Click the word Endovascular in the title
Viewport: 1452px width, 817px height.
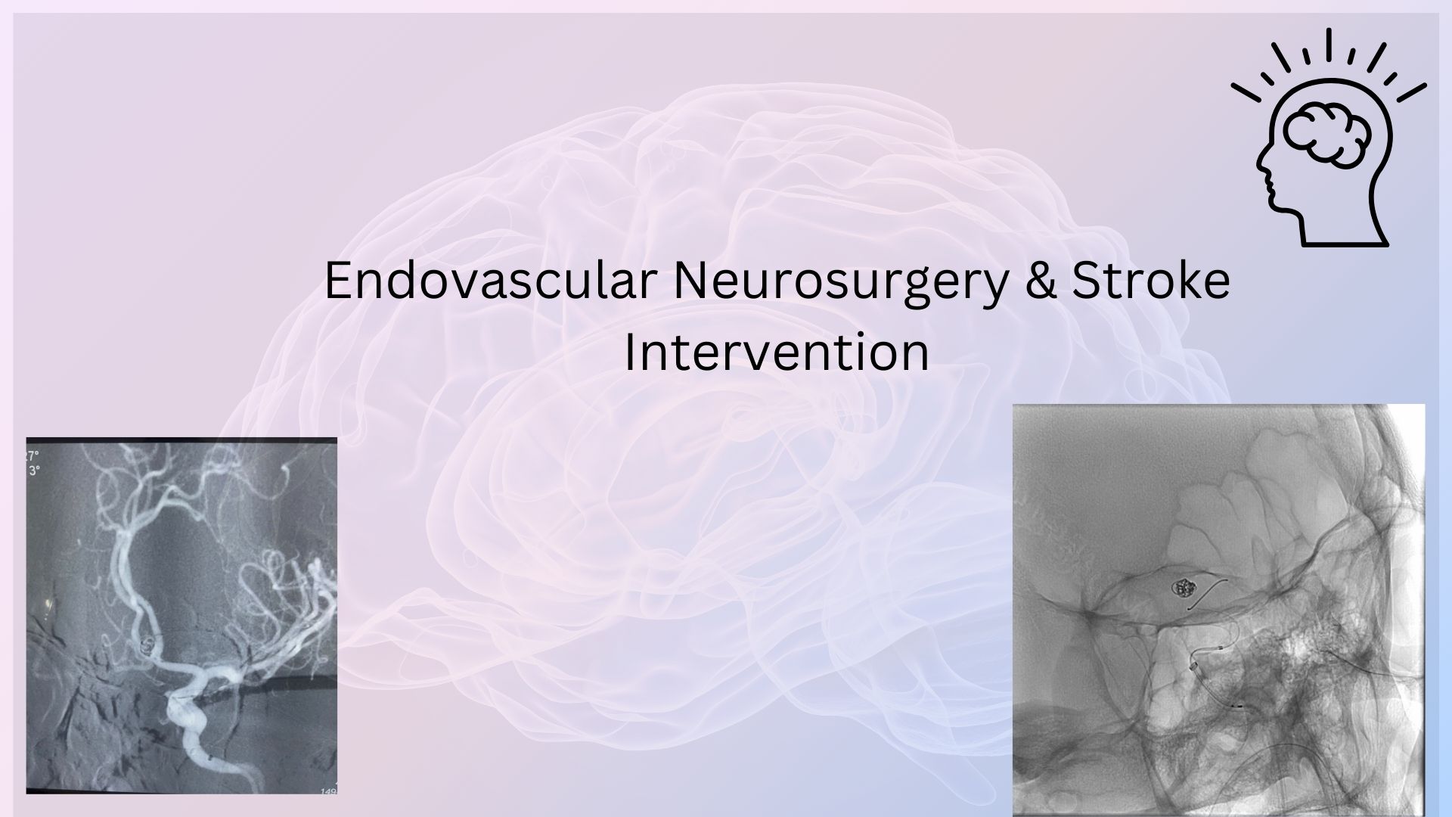490,281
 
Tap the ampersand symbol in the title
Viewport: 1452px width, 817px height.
1041,281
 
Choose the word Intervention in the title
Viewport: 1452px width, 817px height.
777,353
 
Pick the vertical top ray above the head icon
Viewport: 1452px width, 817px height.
1329,42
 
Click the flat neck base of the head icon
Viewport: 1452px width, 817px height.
1345,244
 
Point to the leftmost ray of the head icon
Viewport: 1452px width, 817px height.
1246,92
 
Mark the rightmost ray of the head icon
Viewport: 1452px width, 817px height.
1411,92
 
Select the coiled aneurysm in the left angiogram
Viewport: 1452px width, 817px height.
148,645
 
